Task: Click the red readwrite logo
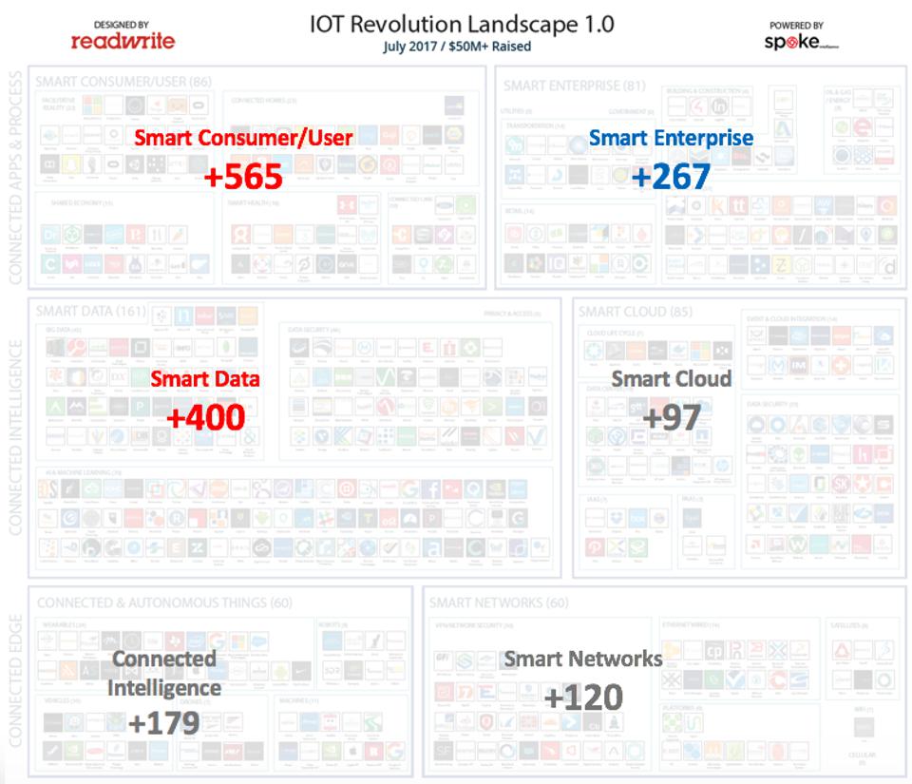click(x=123, y=41)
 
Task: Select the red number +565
click(x=243, y=176)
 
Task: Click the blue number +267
click(x=671, y=177)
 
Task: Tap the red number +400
click(x=205, y=416)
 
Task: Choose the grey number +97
click(x=672, y=416)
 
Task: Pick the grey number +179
click(x=163, y=722)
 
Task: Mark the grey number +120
click(x=583, y=697)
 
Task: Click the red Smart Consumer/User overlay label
click(x=243, y=138)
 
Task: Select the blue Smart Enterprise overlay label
click(x=671, y=138)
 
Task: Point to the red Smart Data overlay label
click(x=205, y=378)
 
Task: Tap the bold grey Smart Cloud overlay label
click(x=672, y=378)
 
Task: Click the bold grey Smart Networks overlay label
click(x=583, y=659)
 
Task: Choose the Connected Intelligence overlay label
click(x=163, y=673)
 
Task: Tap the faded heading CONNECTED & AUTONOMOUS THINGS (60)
click(x=164, y=602)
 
